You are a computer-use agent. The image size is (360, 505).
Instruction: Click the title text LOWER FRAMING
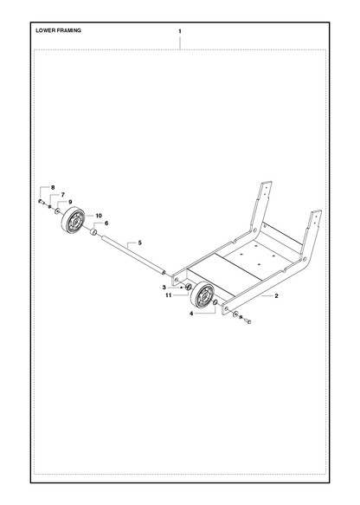pos(58,30)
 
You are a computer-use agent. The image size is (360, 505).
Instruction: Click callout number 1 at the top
pos(180,31)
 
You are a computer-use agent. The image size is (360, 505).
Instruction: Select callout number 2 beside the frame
pos(276,296)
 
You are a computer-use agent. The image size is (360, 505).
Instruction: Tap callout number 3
pos(164,288)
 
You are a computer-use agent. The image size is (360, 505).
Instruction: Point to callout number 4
pos(191,313)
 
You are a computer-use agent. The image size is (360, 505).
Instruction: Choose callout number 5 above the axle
pos(139,243)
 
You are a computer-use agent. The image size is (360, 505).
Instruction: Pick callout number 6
pos(106,223)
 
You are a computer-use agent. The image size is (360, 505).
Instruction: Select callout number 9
pos(70,202)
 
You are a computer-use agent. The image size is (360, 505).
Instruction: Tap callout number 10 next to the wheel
pos(98,216)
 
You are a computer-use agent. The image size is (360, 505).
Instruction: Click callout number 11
pos(168,295)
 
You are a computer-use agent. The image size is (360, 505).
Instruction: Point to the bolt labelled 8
pos(41,202)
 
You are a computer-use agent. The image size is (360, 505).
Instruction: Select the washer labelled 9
pos(57,211)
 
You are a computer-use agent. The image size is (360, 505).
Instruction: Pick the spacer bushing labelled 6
pos(93,231)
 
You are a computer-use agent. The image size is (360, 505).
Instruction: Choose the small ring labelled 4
pos(215,302)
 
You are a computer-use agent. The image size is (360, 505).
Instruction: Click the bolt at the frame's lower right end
pos(247,320)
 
